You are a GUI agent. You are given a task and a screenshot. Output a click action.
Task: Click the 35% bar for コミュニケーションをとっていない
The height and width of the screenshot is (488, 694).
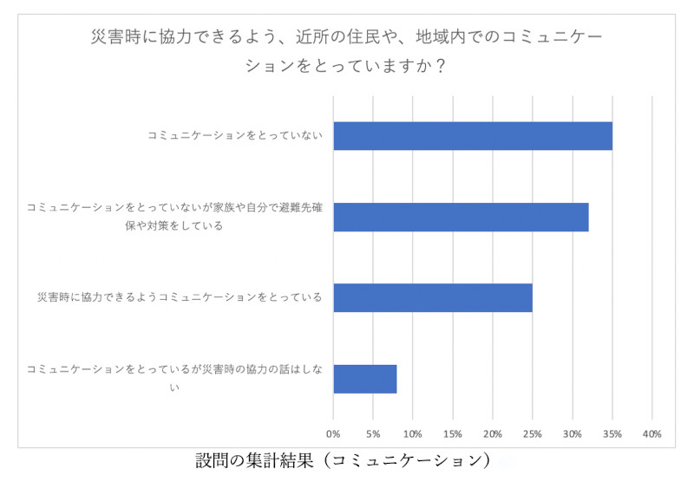(x=473, y=136)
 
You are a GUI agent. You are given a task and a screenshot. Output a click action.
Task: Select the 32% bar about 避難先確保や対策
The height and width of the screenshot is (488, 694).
(x=461, y=217)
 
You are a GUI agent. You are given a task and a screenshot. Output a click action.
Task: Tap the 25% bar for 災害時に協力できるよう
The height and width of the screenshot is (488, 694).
(x=433, y=297)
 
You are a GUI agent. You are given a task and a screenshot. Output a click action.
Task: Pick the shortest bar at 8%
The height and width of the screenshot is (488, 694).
(x=365, y=379)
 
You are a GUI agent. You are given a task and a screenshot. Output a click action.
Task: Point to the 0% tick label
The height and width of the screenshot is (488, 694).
(x=333, y=433)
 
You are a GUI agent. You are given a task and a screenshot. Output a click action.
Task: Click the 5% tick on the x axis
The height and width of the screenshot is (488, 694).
(x=373, y=433)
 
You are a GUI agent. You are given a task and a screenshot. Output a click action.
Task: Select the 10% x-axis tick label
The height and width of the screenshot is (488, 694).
(x=413, y=433)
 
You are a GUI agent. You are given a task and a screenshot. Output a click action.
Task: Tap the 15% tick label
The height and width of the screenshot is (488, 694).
(x=453, y=433)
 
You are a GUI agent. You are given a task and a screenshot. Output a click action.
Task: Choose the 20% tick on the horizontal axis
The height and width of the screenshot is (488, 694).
(x=493, y=433)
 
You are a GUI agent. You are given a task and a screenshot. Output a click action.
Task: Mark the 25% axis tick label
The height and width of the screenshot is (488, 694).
(x=533, y=433)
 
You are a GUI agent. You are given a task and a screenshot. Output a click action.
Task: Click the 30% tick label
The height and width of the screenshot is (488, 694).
(x=573, y=433)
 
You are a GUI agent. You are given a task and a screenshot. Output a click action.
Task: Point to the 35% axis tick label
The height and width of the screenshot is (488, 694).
(x=612, y=433)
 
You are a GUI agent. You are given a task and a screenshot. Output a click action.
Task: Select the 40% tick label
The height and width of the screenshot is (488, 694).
(x=652, y=433)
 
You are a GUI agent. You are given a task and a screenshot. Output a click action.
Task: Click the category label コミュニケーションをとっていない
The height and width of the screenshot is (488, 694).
(x=235, y=136)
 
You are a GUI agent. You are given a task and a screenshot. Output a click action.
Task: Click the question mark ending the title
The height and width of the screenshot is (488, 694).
(x=442, y=66)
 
